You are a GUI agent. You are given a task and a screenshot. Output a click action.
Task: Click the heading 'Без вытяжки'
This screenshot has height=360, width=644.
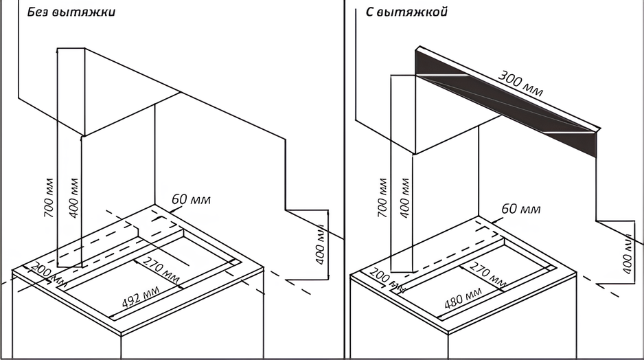coord(71,12)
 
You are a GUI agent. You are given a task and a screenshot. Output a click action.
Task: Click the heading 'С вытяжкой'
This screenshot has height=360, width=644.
coord(407,12)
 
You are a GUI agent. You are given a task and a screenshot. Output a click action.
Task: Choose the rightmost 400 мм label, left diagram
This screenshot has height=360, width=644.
coord(319,247)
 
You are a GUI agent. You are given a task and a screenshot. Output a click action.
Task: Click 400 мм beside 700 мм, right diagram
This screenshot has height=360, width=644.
coord(406,199)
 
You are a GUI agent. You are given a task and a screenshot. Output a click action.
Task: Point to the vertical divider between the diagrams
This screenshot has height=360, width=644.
coord(344,179)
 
